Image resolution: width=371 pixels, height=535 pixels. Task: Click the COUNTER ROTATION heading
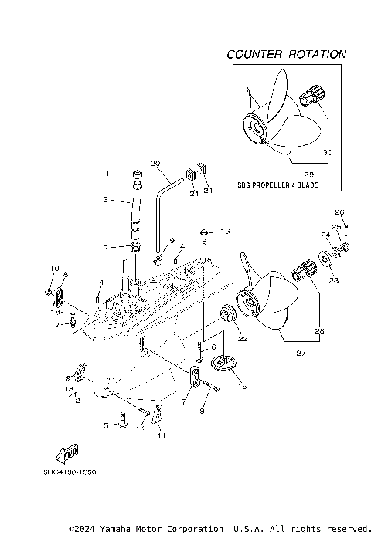286,55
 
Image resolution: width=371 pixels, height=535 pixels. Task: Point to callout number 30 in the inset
327,153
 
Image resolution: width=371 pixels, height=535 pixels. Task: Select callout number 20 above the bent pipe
154,163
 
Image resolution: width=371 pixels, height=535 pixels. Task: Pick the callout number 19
171,241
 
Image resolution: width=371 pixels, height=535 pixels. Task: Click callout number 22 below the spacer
242,338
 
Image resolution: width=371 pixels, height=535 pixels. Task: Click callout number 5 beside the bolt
107,425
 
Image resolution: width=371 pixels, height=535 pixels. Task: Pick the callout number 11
162,436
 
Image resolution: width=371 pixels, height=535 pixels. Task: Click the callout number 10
54,269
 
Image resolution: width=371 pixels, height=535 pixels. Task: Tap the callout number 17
55,325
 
